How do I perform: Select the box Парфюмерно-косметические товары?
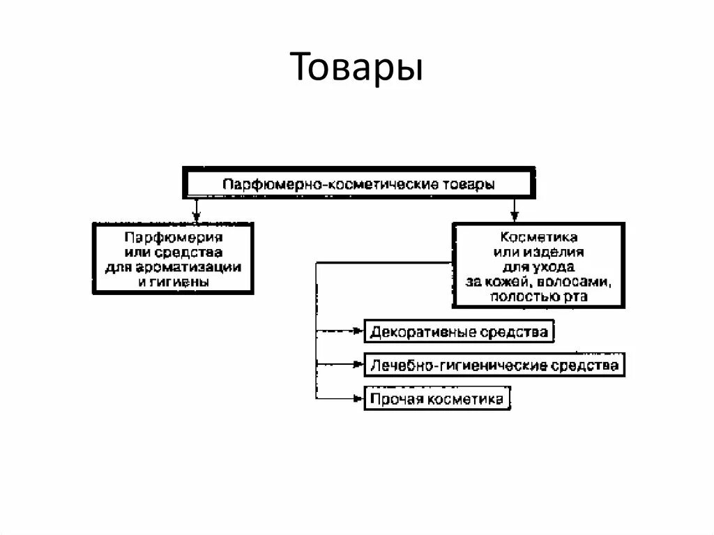(x=359, y=184)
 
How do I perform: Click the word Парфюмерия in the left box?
(x=174, y=237)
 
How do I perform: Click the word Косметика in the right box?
(x=538, y=237)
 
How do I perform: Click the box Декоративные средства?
(x=459, y=331)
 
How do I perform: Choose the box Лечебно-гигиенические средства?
(x=494, y=365)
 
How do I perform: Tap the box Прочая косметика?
(x=436, y=399)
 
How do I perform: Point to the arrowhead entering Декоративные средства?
(x=360, y=331)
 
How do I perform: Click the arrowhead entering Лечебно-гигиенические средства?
(x=360, y=364)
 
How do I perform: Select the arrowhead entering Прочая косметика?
(x=360, y=399)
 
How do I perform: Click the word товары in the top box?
(x=469, y=184)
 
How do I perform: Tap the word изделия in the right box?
(x=559, y=252)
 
